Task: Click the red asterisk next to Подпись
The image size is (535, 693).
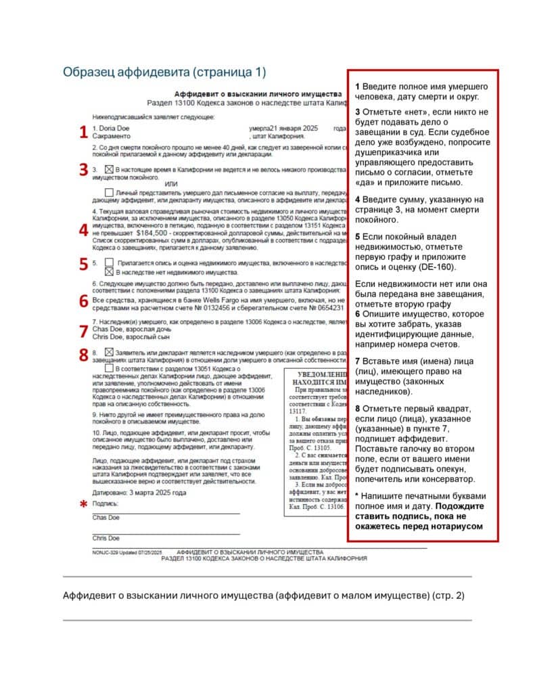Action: [x=84, y=504]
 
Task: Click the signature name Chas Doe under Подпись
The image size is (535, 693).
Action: [x=106, y=517]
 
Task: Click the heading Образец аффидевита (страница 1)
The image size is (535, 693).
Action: [x=164, y=72]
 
